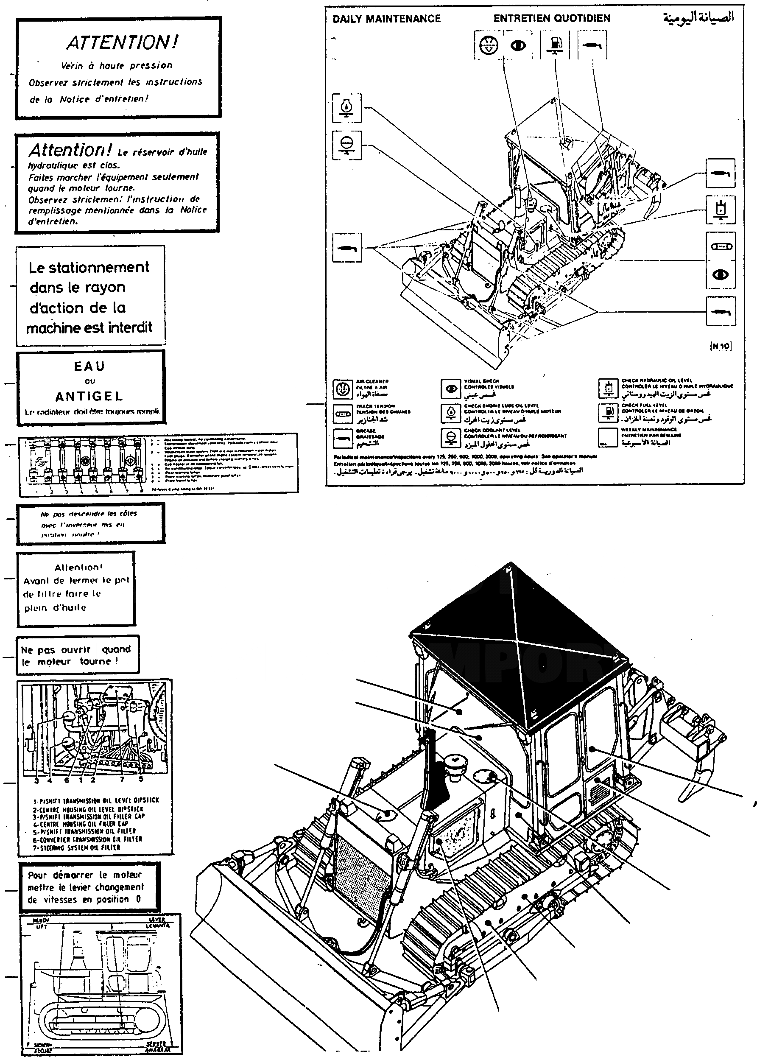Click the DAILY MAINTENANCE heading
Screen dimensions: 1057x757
click(x=386, y=19)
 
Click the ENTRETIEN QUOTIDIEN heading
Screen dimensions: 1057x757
click(x=552, y=18)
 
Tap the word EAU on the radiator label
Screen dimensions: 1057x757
click(x=89, y=366)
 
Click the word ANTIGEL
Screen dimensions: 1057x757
click(x=89, y=396)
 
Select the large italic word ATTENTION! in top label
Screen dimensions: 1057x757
click(x=122, y=42)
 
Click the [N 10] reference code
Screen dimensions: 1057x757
click(x=720, y=346)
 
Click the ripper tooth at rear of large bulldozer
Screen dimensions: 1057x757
click(x=694, y=788)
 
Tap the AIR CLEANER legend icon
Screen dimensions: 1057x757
click(x=343, y=388)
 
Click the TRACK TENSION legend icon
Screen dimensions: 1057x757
click(x=343, y=414)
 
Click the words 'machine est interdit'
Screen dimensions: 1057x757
click(x=89, y=327)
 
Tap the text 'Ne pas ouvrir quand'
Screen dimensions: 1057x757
click(x=75, y=649)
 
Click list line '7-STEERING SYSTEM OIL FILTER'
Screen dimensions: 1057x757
click(x=76, y=847)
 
